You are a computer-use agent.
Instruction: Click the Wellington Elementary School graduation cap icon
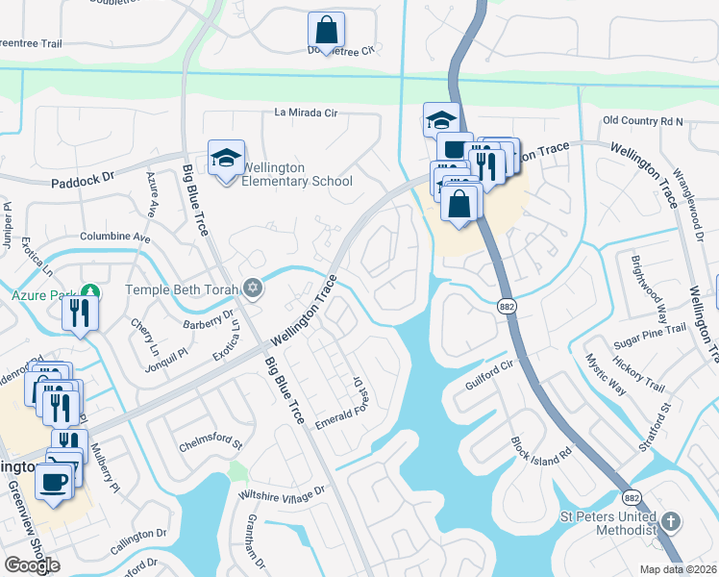tap(226, 159)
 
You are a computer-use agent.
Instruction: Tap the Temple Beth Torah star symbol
tap(253, 287)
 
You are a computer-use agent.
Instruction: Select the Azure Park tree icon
tap(89, 289)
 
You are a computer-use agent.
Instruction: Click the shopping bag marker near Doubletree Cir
tap(326, 30)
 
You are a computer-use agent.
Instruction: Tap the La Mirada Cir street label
tap(307, 113)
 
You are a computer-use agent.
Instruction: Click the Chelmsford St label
tap(211, 445)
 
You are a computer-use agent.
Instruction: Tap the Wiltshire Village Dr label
tap(283, 493)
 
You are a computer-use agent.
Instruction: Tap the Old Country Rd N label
tap(642, 121)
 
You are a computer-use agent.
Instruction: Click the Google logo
tap(32, 564)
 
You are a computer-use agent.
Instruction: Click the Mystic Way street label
tap(606, 374)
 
